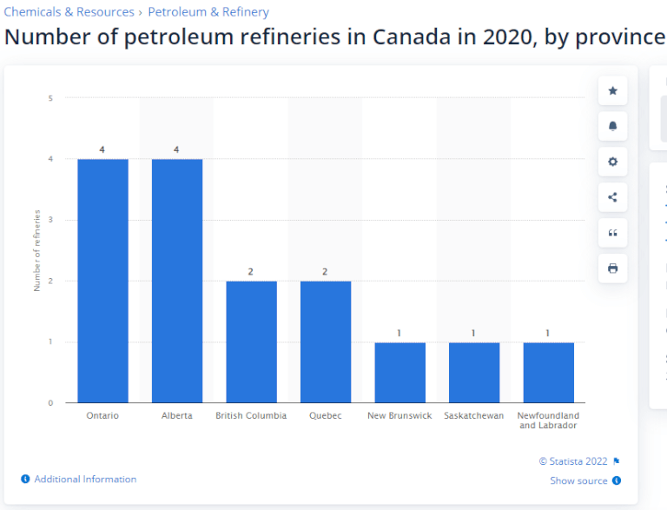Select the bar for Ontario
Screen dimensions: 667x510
102,281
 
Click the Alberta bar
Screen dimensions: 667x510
177,281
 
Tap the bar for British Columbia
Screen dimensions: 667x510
251,341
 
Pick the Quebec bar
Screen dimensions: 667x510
326,341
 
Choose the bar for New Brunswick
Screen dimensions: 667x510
400,373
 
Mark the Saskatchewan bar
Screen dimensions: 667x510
474,373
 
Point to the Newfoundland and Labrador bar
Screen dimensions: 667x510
549,373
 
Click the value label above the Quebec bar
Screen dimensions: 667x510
325,272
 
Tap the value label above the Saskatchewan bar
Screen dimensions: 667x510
473,333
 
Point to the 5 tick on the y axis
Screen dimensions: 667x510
50,98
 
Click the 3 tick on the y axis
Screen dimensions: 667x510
50,220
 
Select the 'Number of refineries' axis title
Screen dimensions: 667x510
37,251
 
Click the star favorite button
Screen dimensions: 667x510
612,90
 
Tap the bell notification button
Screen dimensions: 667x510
612,126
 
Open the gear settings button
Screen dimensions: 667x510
612,162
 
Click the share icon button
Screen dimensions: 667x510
612,197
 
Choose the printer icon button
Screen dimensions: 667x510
612,268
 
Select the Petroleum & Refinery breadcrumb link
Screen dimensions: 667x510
208,12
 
